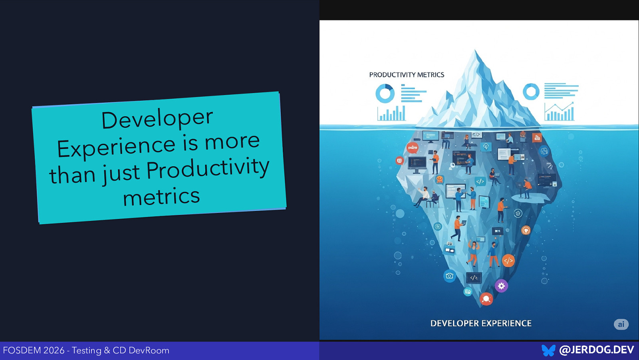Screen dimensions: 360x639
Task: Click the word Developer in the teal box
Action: click(157, 119)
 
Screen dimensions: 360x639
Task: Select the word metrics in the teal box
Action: click(161, 197)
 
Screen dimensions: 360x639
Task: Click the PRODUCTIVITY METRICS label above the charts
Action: click(407, 75)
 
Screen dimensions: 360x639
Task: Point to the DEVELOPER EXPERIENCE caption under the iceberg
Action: click(481, 323)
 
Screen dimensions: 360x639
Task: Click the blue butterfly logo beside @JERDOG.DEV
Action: click(548, 350)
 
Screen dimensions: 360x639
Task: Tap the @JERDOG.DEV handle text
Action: click(596, 350)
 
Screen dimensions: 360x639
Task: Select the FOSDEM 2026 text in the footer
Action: click(34, 350)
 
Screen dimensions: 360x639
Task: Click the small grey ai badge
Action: click(621, 324)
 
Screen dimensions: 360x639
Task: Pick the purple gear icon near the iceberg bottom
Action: click(501, 286)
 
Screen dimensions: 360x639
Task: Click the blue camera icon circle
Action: click(450, 276)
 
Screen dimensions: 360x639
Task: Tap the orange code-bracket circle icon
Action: click(508, 261)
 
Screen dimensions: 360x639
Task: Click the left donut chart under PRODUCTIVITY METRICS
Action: click(385, 93)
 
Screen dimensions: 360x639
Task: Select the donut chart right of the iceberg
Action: click(531, 91)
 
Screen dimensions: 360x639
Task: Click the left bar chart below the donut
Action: click(392, 113)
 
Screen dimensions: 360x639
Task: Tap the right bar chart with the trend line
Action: click(559, 112)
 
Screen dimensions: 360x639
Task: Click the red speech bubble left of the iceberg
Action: click(412, 147)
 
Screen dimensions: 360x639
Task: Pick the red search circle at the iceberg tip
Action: click(486, 298)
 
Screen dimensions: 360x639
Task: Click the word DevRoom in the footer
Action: click(149, 350)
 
